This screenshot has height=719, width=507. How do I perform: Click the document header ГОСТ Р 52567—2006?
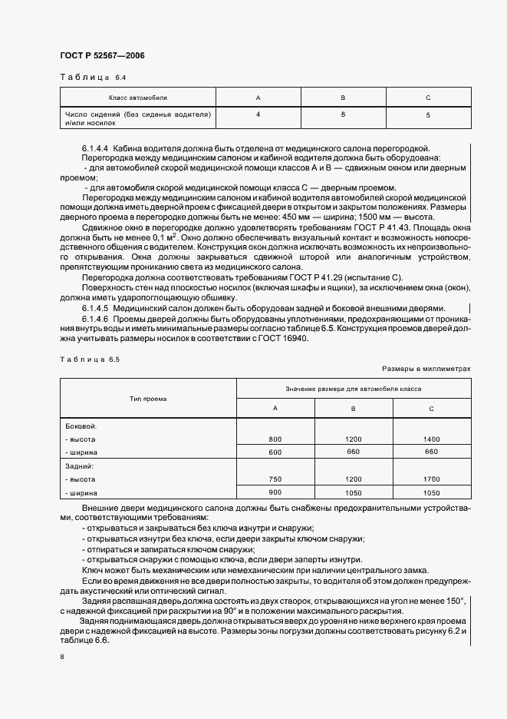pyautogui.click(x=102, y=56)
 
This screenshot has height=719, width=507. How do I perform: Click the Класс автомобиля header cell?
pyautogui.click(x=137, y=98)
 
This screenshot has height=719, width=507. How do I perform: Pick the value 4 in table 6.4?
pyautogui.click(x=258, y=114)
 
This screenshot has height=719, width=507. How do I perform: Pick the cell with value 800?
pyautogui.click(x=275, y=439)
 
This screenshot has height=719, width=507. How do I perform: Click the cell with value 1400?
pyautogui.click(x=432, y=439)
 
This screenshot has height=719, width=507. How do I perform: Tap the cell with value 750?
pyautogui.click(x=275, y=479)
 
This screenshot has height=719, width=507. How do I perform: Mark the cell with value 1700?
pyautogui.click(x=432, y=479)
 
